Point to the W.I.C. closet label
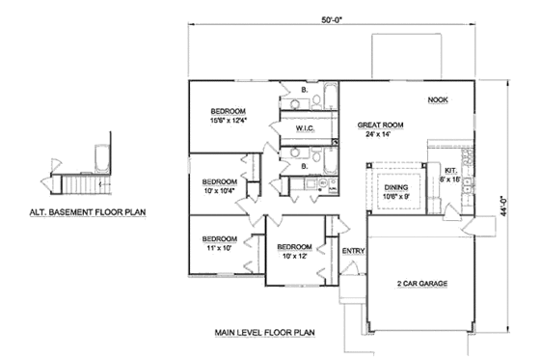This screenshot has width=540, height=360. (x=302, y=127)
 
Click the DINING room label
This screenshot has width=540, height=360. (x=396, y=188)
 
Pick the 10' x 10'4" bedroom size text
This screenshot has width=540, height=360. (x=219, y=190)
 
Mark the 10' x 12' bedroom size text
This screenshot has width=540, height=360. (x=292, y=257)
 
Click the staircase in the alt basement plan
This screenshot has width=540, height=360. (x=82, y=183)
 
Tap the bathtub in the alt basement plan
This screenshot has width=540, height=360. (x=98, y=155)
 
